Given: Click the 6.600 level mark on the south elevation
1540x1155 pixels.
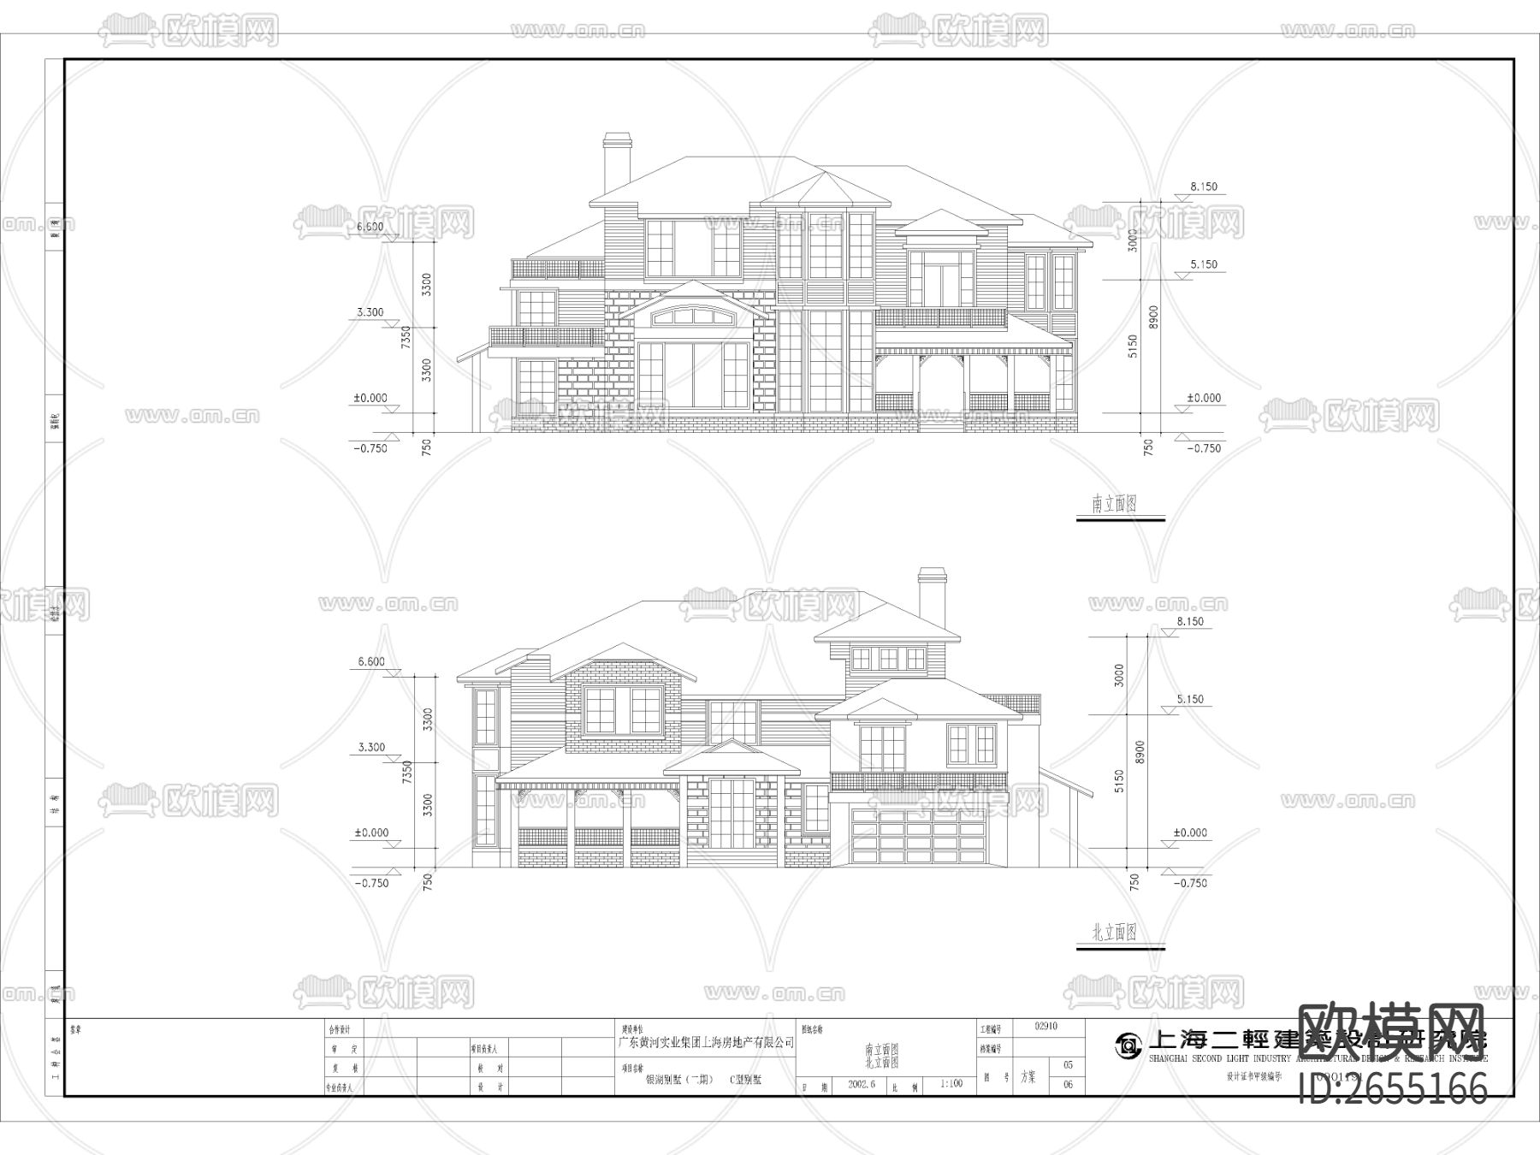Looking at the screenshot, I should (x=370, y=227).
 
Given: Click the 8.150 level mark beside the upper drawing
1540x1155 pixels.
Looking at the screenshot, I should (x=1203, y=187).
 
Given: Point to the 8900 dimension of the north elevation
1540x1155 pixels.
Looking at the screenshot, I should (x=1140, y=754).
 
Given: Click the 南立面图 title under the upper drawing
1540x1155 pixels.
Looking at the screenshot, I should (x=1114, y=504).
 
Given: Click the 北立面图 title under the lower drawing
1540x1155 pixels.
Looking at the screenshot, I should (x=1114, y=933).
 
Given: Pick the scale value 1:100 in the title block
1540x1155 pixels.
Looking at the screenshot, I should (x=951, y=1083).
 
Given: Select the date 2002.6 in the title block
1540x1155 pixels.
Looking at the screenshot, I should (x=861, y=1083).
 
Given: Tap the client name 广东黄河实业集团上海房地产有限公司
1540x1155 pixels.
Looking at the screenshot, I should (x=707, y=1043).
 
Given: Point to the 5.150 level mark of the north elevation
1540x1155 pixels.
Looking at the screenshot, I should (x=1189, y=699).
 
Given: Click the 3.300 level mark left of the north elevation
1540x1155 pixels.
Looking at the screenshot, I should (x=371, y=747).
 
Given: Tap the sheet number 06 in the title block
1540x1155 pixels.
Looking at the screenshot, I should (x=1068, y=1085).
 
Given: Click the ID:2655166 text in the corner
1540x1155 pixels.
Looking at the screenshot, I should (x=1393, y=1089).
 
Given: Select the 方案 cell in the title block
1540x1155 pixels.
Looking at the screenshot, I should (x=1028, y=1078).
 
